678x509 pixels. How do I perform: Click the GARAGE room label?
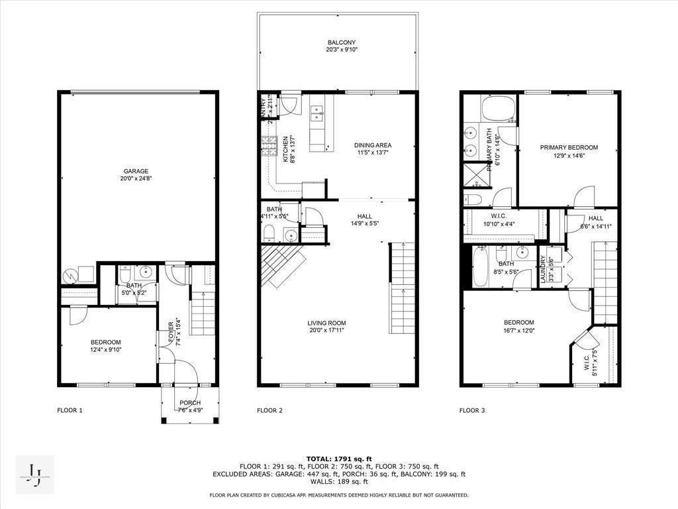tap(135, 171)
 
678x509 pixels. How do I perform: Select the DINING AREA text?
tap(372, 145)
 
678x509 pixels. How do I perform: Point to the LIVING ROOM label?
tap(326, 323)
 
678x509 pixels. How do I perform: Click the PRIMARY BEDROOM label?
tap(568, 148)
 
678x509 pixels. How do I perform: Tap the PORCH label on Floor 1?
tap(189, 403)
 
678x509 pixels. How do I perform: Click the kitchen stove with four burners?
tap(269, 145)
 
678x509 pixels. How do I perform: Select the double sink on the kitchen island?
tap(317, 117)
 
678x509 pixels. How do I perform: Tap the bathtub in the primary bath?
tap(497, 108)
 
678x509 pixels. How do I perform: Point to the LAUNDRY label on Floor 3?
tap(542, 270)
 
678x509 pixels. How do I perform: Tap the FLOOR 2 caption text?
tap(270, 410)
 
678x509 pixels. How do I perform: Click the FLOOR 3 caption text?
tap(472, 410)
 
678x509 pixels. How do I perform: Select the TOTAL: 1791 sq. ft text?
tap(339, 459)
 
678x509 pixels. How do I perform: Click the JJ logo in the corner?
tap(34, 475)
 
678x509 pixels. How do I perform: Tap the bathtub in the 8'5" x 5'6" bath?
tap(479, 267)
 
